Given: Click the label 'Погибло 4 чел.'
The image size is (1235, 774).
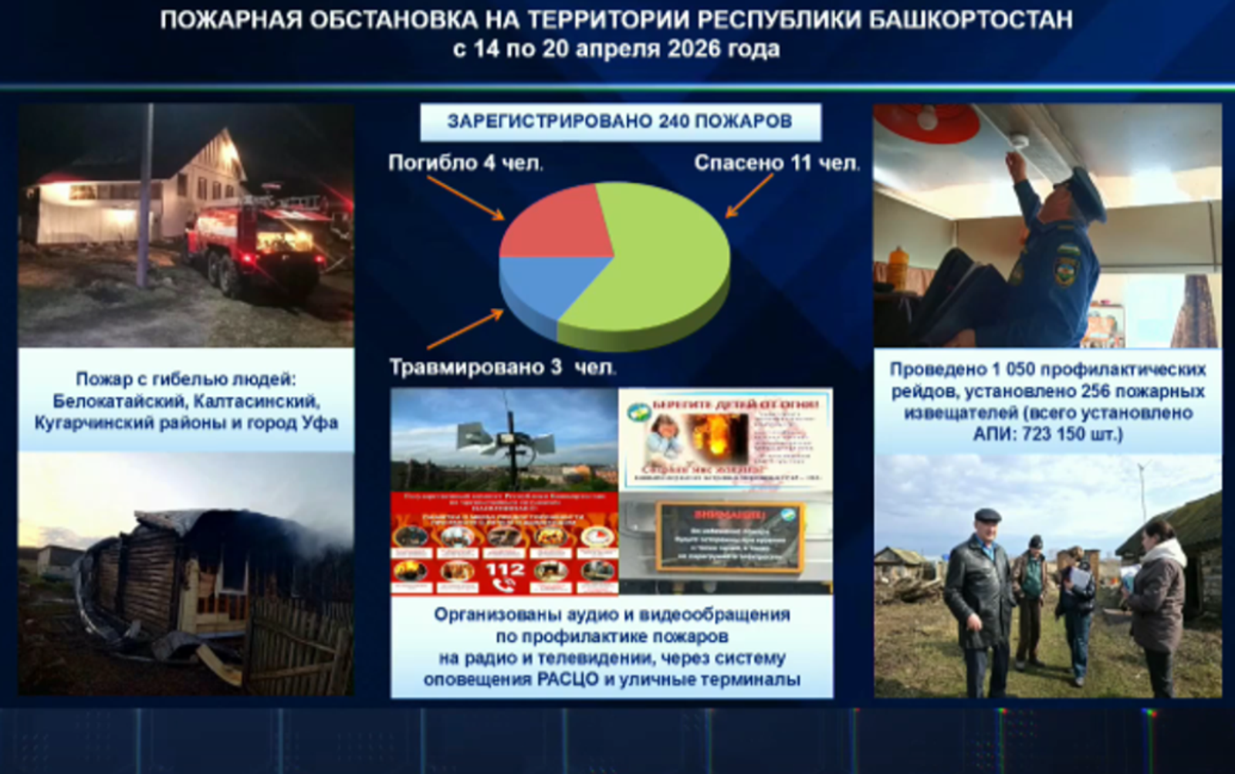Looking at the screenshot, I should pyautogui.click(x=465, y=163).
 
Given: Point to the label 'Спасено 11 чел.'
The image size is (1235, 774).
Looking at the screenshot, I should pyautogui.click(x=777, y=163).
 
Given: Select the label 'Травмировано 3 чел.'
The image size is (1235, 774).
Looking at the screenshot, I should pyautogui.click(x=502, y=367).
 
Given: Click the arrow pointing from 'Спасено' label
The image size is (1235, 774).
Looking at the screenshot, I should pyautogui.click(x=749, y=196).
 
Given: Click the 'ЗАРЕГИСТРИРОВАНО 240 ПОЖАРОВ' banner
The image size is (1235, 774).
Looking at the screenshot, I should pyautogui.click(x=620, y=122).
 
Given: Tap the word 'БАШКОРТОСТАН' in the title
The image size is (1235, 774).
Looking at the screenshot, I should pyautogui.click(x=970, y=19).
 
